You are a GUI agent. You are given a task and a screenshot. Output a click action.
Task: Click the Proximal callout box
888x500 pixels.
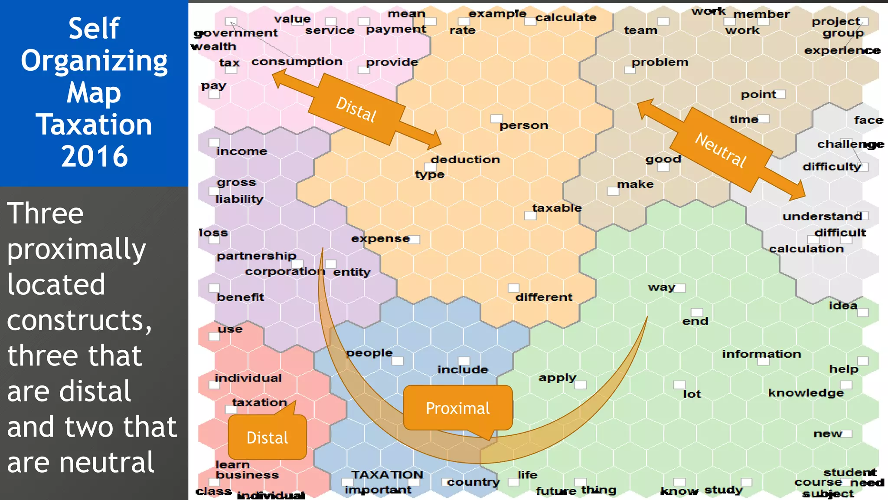(x=457, y=408)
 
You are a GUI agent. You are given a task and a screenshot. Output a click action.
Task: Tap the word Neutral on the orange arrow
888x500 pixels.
(x=721, y=150)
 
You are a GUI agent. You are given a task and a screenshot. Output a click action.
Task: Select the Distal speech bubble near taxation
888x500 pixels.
(x=267, y=437)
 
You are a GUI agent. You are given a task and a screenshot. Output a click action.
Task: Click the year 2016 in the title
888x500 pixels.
(x=94, y=156)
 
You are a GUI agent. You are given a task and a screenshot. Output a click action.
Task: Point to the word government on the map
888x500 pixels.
(x=235, y=33)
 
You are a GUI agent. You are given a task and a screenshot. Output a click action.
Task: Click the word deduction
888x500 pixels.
(x=465, y=160)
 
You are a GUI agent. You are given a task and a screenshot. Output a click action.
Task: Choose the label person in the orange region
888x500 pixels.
(x=524, y=125)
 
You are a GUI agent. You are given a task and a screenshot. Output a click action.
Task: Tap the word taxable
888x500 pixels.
(x=557, y=208)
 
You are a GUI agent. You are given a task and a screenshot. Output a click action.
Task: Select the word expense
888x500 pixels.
(x=380, y=239)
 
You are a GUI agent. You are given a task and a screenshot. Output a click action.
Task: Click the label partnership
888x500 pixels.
(x=256, y=256)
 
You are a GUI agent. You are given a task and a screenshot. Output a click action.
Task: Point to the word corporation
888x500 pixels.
(x=284, y=272)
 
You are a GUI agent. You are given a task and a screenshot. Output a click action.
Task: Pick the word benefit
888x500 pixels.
(x=240, y=297)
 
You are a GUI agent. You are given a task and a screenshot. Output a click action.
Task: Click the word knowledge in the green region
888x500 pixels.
(x=806, y=393)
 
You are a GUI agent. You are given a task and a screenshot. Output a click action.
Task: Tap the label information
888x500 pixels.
(x=761, y=354)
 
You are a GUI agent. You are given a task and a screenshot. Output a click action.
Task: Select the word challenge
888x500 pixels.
(x=850, y=144)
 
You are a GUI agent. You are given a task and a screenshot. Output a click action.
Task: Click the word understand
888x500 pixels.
(x=822, y=216)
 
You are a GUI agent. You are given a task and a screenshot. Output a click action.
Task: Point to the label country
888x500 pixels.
(x=473, y=482)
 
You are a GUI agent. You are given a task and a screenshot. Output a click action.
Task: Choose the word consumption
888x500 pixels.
(x=297, y=62)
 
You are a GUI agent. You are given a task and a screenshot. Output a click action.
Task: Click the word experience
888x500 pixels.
(x=842, y=51)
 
